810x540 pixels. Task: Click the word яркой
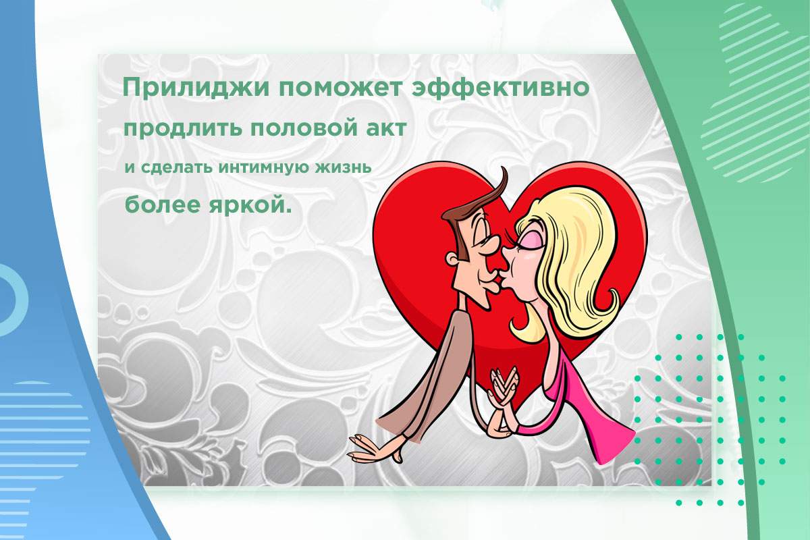click(x=248, y=205)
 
